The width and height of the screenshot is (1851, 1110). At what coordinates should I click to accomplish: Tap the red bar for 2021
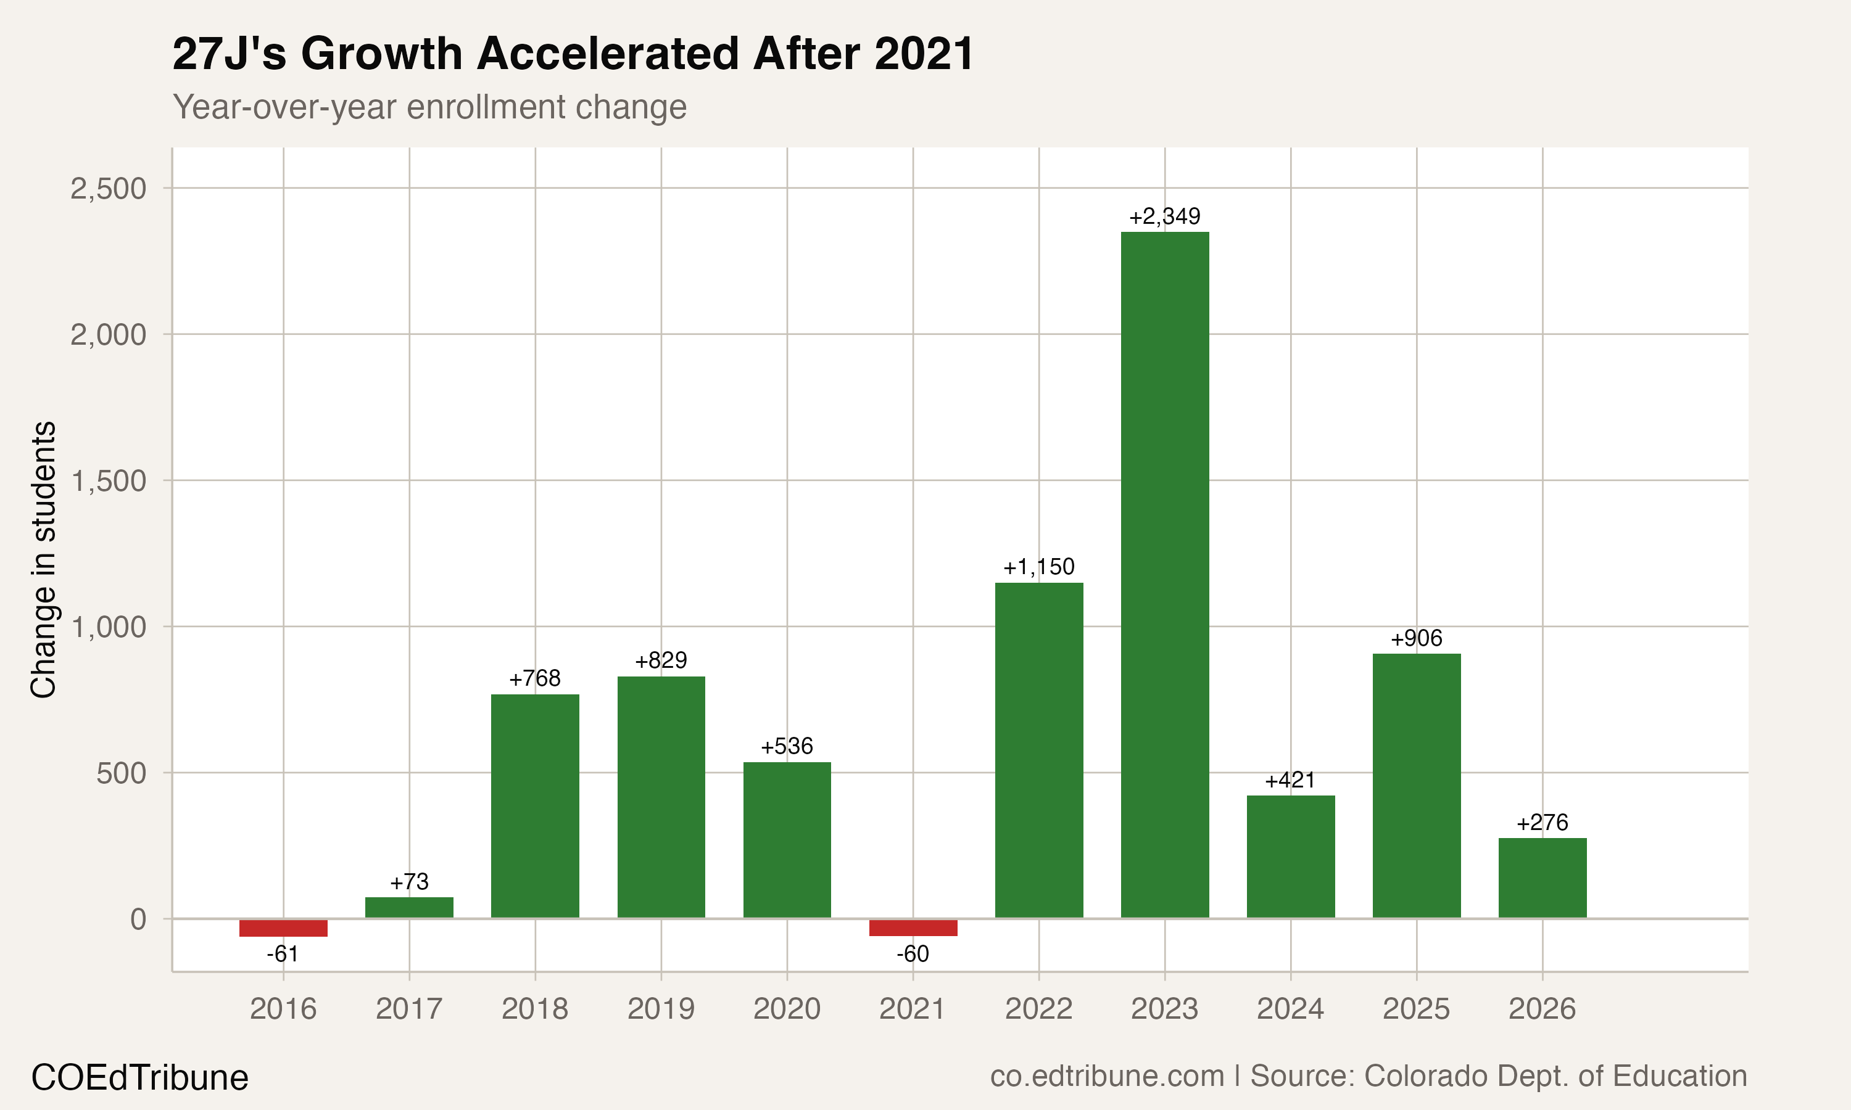coord(913,927)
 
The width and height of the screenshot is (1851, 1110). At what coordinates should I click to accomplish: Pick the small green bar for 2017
coord(409,907)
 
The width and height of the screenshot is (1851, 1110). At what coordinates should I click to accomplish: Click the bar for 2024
coord(1291,857)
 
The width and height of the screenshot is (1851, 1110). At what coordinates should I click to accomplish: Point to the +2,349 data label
coord(1164,217)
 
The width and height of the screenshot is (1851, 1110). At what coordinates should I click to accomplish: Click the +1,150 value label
coord(1038,567)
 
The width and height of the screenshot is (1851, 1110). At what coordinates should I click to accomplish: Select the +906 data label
coord(1416,639)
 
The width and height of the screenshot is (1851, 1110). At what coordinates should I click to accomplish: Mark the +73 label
coord(409,882)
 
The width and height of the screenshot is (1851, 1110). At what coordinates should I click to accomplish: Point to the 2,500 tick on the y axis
coord(109,189)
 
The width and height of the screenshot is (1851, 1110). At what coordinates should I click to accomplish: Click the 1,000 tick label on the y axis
coord(109,627)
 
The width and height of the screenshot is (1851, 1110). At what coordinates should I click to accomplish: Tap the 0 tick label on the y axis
coord(138,919)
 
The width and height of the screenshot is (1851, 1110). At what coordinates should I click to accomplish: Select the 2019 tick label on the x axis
coord(661,1009)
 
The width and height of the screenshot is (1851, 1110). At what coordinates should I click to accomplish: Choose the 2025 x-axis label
coord(1416,1009)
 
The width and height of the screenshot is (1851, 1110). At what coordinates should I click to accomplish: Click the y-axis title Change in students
coord(43,559)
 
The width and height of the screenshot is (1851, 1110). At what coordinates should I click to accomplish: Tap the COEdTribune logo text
coord(140,1078)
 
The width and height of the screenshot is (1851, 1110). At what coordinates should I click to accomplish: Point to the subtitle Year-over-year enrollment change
coord(429,107)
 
